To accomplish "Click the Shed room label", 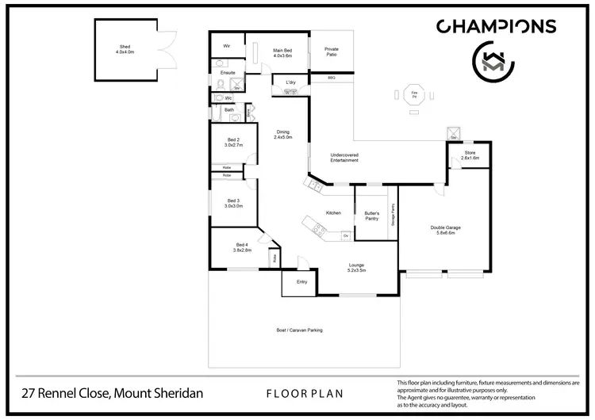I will (x=125, y=50).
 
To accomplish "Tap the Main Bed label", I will (x=283, y=53).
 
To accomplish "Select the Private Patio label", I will (x=332, y=52).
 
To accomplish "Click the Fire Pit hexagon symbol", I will (x=414, y=94).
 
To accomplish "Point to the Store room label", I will (x=470, y=155).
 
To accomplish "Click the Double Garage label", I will (x=445, y=231).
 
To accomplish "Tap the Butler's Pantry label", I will (x=371, y=216).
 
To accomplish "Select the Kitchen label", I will (x=334, y=212).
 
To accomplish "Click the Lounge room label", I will (x=356, y=267).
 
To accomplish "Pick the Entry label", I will (x=301, y=281).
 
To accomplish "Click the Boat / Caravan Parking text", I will (x=299, y=330).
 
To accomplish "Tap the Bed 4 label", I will (x=242, y=246).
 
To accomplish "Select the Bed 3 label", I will (x=232, y=203).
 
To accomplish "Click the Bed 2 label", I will (x=232, y=143).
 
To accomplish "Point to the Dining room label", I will (x=283, y=135).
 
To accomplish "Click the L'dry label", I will (x=290, y=82).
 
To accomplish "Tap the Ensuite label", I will (x=228, y=72).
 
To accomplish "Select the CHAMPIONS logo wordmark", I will (x=497, y=27).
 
